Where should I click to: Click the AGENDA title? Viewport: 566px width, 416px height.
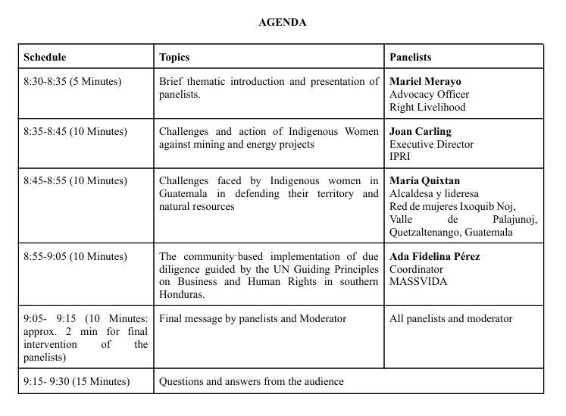[x=282, y=23]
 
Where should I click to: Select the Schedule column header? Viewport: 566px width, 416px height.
[x=45, y=57]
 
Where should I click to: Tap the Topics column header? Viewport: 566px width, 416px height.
[x=174, y=57]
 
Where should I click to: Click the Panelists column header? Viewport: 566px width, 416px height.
[x=411, y=57]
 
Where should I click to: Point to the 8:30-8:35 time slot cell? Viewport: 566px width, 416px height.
[x=72, y=82]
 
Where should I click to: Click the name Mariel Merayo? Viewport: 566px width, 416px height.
[x=425, y=82]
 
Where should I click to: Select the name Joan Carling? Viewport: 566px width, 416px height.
[x=421, y=132]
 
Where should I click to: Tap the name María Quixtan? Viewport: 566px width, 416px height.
[x=424, y=181]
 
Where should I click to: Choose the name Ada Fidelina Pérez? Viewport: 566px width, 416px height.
[x=435, y=256]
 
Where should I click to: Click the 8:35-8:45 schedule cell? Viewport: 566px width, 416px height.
[x=75, y=132]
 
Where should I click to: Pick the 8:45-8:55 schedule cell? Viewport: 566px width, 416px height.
[x=75, y=181]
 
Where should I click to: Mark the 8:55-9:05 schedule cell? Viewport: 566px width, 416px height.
[x=75, y=256]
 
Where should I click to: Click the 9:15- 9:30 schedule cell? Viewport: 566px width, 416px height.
[x=77, y=381]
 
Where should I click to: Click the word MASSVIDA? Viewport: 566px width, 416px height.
[x=418, y=282]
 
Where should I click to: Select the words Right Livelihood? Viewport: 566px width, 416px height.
[x=427, y=107]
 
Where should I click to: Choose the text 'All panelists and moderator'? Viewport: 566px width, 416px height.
[x=451, y=319]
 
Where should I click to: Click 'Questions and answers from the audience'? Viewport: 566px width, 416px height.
[x=252, y=381]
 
